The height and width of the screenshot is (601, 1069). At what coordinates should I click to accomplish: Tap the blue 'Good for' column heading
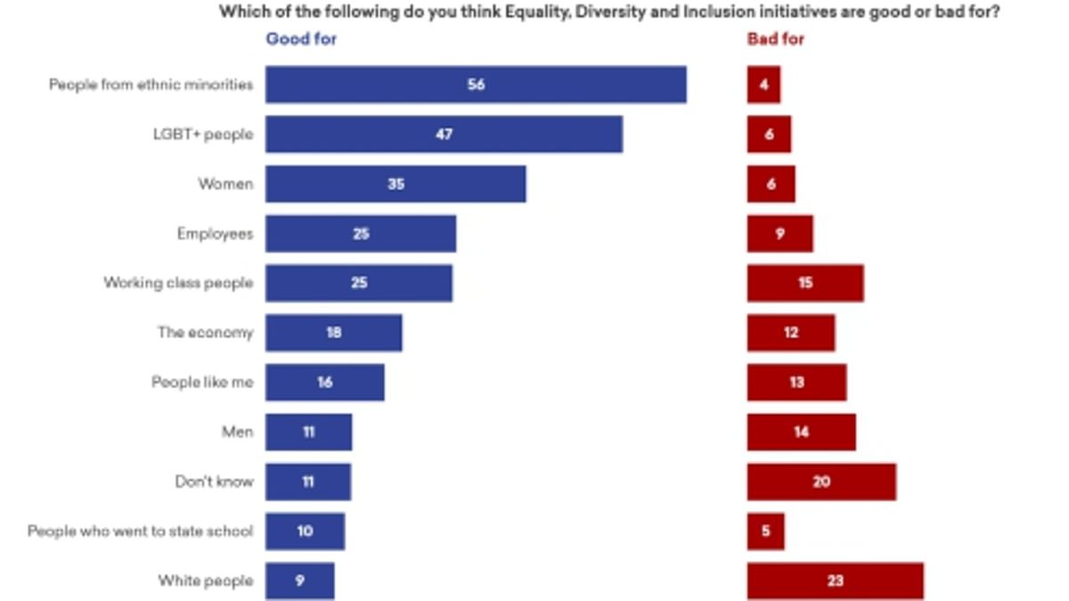pos(301,39)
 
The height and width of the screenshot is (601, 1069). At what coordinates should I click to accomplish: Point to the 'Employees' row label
pos(215,234)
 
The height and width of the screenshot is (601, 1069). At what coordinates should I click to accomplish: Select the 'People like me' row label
pos(202,382)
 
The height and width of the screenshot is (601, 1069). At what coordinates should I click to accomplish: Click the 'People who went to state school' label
pos(141,531)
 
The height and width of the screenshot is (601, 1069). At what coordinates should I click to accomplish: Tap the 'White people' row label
pos(206,581)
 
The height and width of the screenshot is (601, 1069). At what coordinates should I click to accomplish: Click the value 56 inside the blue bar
pos(476,85)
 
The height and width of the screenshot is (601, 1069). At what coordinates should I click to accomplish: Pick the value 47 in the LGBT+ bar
pos(444,135)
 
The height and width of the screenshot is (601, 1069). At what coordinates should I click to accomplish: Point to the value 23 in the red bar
pos(835,581)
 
